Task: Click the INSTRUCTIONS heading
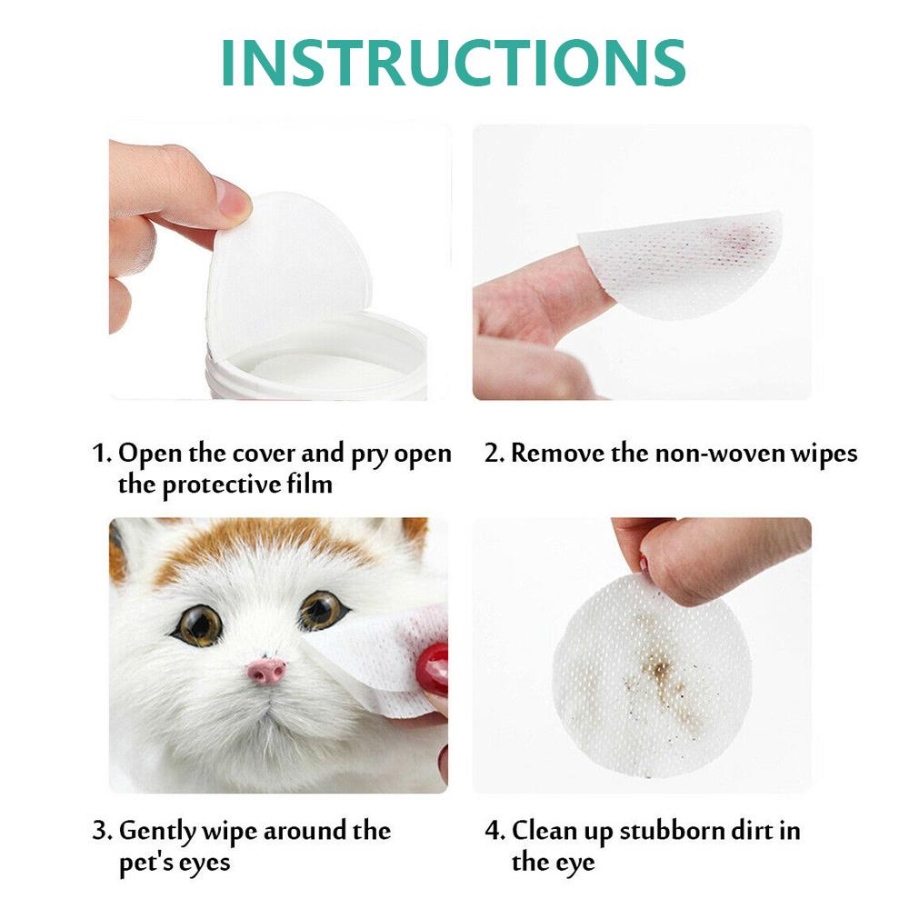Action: click(453, 62)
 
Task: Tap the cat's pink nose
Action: click(266, 672)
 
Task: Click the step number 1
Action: click(101, 453)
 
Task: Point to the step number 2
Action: click(493, 453)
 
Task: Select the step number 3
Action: click(102, 830)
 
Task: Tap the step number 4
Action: click(494, 830)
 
